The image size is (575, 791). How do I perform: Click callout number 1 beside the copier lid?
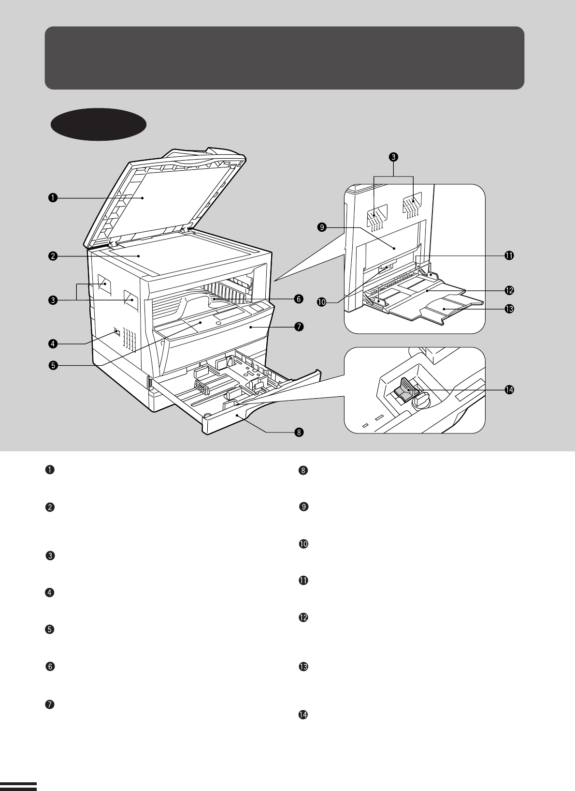(52, 197)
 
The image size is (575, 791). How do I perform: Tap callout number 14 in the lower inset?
(509, 389)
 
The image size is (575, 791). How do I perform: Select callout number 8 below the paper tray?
(299, 432)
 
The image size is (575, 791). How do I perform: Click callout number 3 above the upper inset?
(394, 157)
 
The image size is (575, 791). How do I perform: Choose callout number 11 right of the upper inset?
(509, 255)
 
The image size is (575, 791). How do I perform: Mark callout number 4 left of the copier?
(52, 344)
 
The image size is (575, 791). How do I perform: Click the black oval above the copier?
(99, 124)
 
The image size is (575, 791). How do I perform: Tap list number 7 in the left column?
(49, 704)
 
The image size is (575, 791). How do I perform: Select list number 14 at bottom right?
(303, 715)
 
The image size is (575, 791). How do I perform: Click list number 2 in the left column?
(49, 507)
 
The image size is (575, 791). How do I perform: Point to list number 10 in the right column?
(303, 544)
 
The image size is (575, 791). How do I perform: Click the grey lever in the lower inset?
(405, 389)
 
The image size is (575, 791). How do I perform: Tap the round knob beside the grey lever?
(421, 400)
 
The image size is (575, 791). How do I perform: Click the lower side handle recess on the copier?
(130, 300)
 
